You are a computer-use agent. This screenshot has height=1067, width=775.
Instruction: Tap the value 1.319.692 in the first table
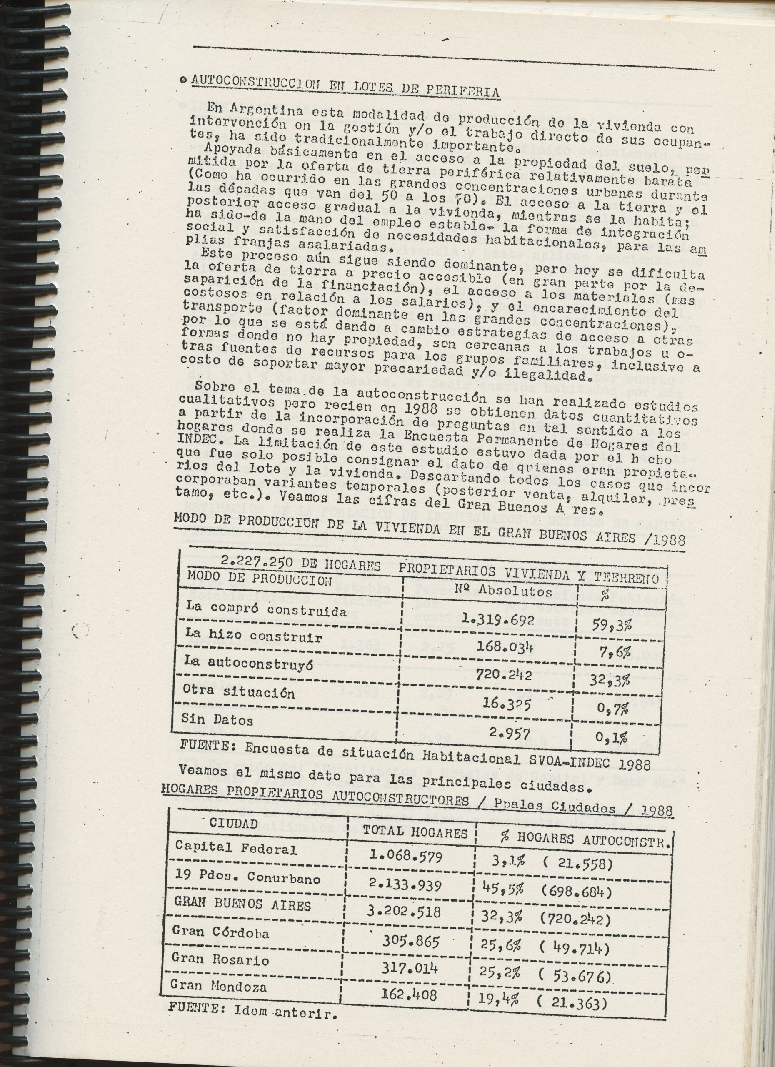click(x=498, y=620)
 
